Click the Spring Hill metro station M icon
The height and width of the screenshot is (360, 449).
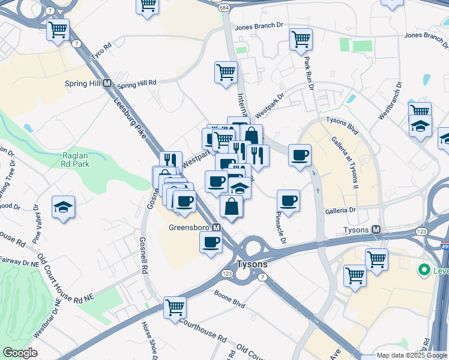[x=107, y=83]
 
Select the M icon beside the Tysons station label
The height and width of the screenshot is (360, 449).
[x=376, y=230]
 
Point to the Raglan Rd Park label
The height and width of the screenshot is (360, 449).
[x=76, y=160]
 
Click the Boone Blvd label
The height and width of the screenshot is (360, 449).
[x=230, y=298]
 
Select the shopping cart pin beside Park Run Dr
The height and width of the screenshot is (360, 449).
[x=301, y=40]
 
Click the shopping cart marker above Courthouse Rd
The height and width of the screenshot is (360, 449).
[x=175, y=307]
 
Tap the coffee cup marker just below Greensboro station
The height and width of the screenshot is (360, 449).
[x=211, y=242]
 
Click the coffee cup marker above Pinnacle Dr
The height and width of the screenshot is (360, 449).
[x=289, y=200]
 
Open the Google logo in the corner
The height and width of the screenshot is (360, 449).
[x=20, y=353]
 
